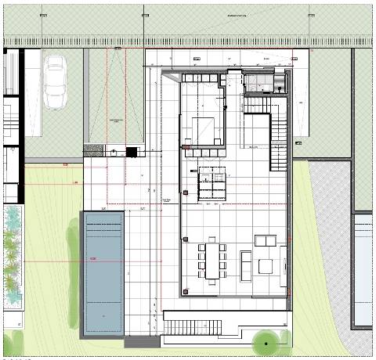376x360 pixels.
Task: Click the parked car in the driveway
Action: tap(57, 81)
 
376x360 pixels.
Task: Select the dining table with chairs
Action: tap(211, 260)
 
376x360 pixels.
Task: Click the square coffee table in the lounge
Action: tap(266, 266)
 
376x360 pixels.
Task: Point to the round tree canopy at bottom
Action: tap(266, 342)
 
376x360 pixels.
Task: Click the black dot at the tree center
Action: tap(266, 343)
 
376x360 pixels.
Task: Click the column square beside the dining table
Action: tap(185, 238)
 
